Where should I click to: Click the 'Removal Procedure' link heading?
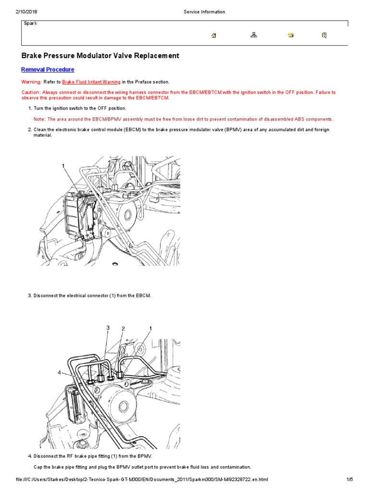point(48,70)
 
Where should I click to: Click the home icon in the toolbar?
point(214,35)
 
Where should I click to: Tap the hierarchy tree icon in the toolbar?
point(254,35)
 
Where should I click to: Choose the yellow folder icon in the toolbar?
point(291,35)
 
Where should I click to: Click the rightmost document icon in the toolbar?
point(324,35)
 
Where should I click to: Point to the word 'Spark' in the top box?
point(30,24)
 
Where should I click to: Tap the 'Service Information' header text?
point(204,12)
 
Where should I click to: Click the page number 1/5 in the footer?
point(349,480)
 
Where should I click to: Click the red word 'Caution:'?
point(31,92)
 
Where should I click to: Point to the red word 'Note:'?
point(39,119)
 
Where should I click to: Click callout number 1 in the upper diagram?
point(63,166)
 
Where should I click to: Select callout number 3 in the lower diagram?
point(108,328)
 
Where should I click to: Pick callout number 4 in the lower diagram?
point(60,372)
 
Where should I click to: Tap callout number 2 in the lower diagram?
point(123,329)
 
